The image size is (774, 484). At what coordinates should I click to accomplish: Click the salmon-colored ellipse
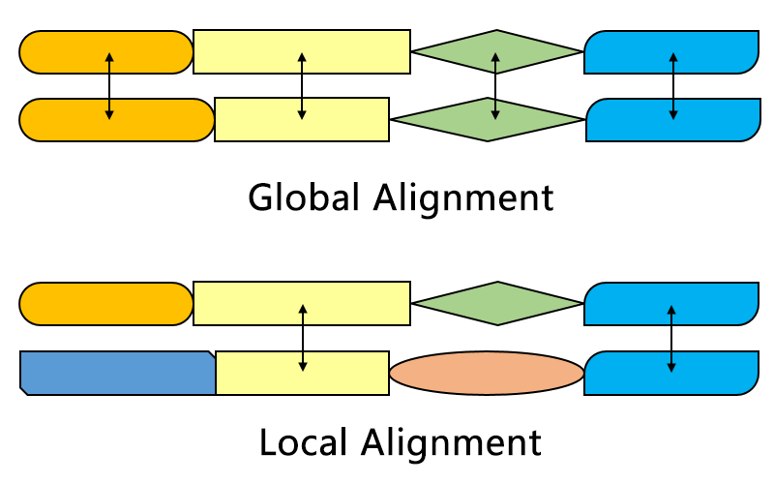pyautogui.click(x=487, y=373)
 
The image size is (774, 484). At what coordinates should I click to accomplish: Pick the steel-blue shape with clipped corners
pyautogui.click(x=116, y=373)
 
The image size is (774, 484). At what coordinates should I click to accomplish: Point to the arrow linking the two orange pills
pyautogui.click(x=109, y=85)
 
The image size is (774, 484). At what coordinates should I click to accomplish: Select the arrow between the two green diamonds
pyautogui.click(x=495, y=85)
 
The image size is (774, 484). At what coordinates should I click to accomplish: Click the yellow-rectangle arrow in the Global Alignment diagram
pyautogui.click(x=302, y=85)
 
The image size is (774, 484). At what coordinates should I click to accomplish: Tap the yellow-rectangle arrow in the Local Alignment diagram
pyautogui.click(x=303, y=338)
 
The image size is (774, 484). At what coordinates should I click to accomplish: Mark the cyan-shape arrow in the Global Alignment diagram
pyautogui.click(x=673, y=85)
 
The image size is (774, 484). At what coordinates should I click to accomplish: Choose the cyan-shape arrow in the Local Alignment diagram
pyautogui.click(x=671, y=338)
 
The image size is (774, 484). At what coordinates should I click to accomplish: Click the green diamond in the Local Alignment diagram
pyautogui.click(x=497, y=303)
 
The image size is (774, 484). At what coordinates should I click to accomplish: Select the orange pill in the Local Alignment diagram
pyautogui.click(x=106, y=303)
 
